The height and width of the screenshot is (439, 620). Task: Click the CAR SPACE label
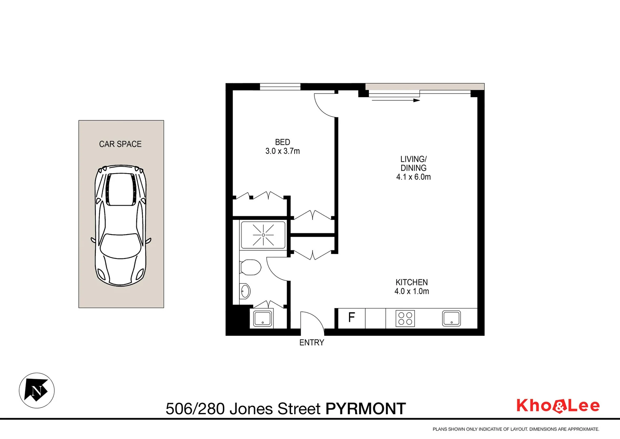pos(120,144)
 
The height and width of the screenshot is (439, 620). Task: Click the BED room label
pos(282,142)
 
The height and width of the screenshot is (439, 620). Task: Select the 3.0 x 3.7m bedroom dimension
pos(282,151)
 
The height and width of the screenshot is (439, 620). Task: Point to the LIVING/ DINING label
pos(413,163)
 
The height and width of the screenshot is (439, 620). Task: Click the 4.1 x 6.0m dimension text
pos(413,177)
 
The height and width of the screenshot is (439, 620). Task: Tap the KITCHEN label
pos(411,282)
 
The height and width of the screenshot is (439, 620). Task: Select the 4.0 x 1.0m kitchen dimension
pos(411,291)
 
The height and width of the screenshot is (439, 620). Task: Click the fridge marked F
pos(351,317)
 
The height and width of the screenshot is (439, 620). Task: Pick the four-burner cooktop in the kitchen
pos(405,318)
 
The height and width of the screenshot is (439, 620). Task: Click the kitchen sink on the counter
pos(451,318)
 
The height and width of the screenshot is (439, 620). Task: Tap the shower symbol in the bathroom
pos(263,235)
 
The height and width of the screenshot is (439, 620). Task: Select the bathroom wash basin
pos(245,291)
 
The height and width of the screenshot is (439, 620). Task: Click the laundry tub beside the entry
pos(263,319)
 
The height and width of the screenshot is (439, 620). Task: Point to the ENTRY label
pos(312,343)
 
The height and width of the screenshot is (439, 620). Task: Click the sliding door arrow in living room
pos(396,100)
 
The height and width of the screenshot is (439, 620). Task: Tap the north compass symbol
pos(37,391)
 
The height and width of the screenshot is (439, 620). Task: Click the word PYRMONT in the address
pos(366,409)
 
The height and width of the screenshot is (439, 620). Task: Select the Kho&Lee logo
pos(558,406)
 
